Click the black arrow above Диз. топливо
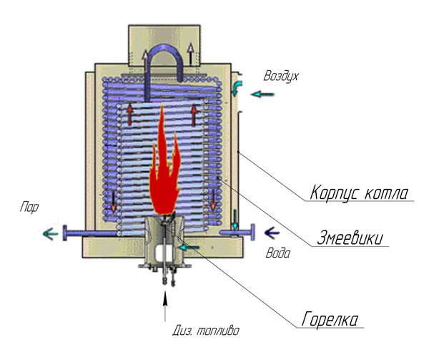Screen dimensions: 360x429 [167, 308]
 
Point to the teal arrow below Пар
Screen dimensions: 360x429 [50, 233]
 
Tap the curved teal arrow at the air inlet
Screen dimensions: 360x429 [238, 88]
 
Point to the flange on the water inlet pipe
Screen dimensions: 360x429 [251, 232]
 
